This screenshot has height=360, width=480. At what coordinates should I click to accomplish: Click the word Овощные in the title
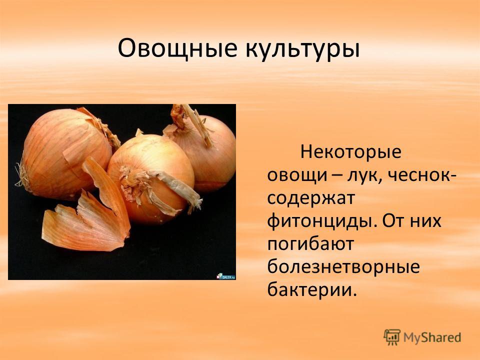177,48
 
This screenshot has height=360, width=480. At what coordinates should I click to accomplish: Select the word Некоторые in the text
350,152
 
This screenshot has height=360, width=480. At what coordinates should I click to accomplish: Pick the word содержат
310,199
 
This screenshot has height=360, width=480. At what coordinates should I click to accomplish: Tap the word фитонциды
321,220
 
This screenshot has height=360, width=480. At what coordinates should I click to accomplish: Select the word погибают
310,243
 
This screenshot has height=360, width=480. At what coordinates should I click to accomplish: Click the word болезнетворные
343,266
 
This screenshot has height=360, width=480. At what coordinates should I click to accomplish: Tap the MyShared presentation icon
392,337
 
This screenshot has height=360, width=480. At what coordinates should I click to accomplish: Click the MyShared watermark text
432,337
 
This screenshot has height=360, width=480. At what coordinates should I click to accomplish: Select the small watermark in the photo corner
226,276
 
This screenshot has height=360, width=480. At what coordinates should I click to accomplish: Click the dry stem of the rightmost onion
191,122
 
